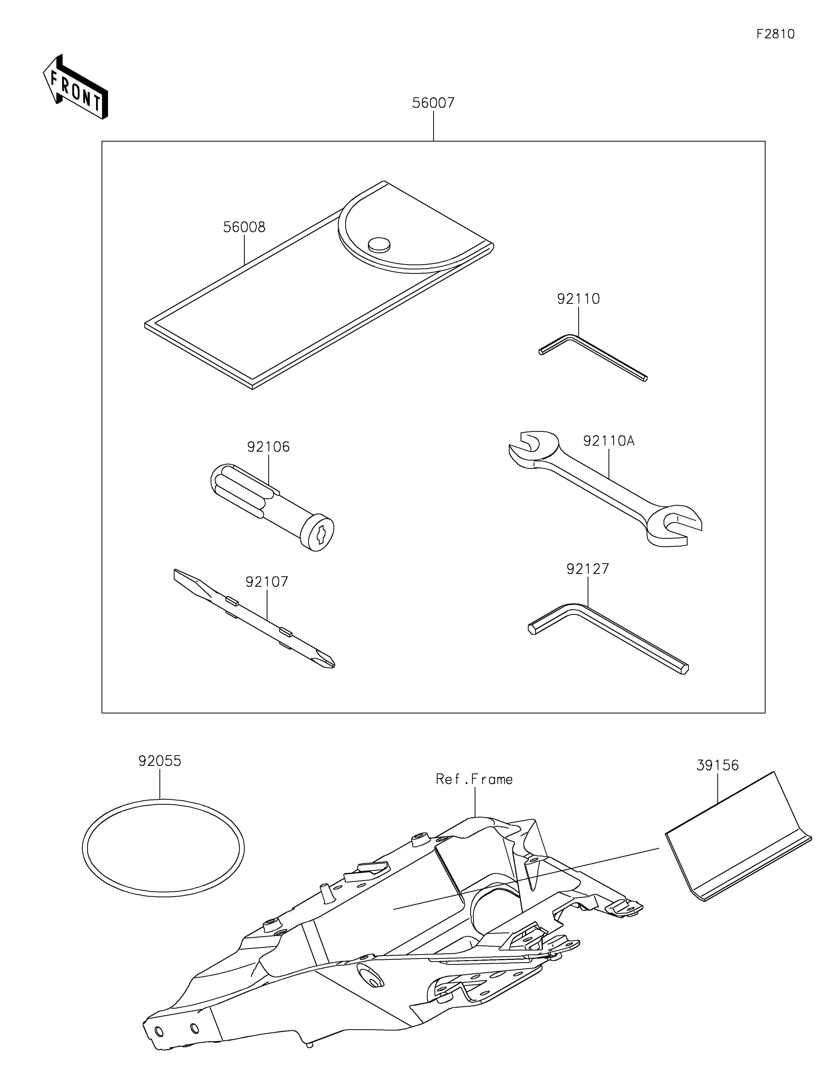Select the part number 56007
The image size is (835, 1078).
[433, 103]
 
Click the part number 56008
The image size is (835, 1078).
[244, 228]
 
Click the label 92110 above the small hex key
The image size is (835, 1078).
[578, 299]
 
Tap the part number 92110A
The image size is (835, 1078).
[608, 441]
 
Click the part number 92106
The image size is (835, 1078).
[268, 447]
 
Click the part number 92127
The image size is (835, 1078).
[588, 569]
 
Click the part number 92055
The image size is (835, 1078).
[159, 761]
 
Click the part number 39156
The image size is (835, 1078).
[718, 766]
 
